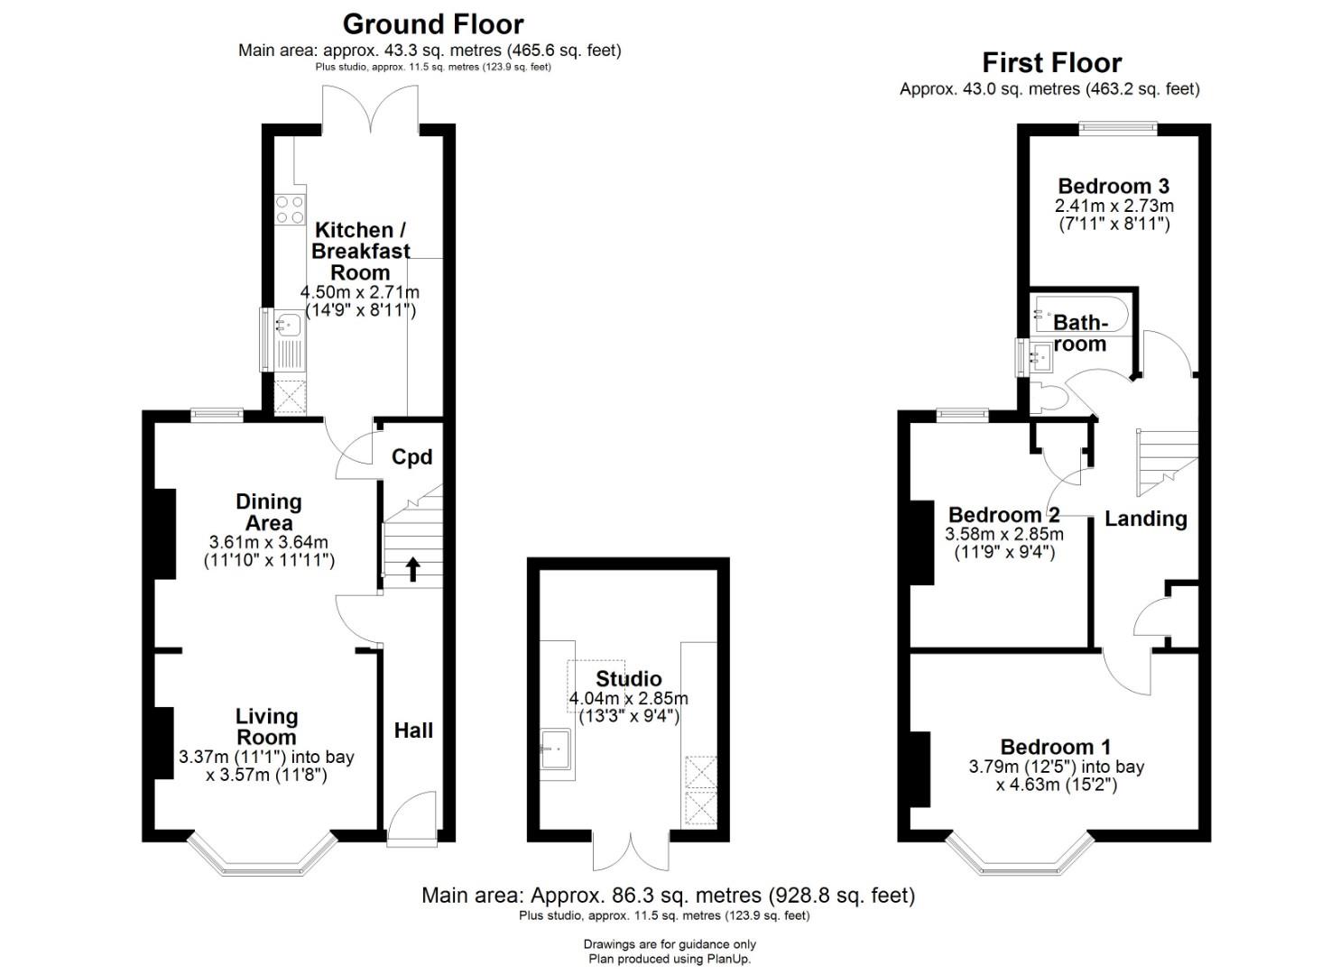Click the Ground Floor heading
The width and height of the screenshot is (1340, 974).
click(x=433, y=25)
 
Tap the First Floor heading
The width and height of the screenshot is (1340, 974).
click(x=1051, y=63)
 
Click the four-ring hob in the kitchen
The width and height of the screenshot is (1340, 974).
click(x=290, y=210)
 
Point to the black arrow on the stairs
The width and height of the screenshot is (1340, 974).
click(x=412, y=568)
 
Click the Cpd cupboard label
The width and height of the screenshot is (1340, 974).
click(x=411, y=457)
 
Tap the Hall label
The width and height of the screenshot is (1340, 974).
click(x=413, y=730)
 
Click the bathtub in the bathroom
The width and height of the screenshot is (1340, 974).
click(x=1082, y=314)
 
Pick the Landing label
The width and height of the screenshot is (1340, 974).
click(x=1146, y=519)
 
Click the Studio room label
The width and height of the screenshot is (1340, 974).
click(x=629, y=678)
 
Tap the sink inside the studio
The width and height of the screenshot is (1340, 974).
click(x=556, y=749)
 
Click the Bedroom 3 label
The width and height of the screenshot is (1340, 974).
click(x=1114, y=186)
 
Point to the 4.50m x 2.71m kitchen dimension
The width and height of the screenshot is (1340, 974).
click(x=359, y=292)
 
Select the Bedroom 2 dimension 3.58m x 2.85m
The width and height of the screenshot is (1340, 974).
click(x=1004, y=533)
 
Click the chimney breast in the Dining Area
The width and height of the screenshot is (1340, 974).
click(x=165, y=534)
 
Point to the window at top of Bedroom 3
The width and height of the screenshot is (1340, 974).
click(x=1118, y=127)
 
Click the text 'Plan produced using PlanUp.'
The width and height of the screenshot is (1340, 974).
click(x=670, y=959)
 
